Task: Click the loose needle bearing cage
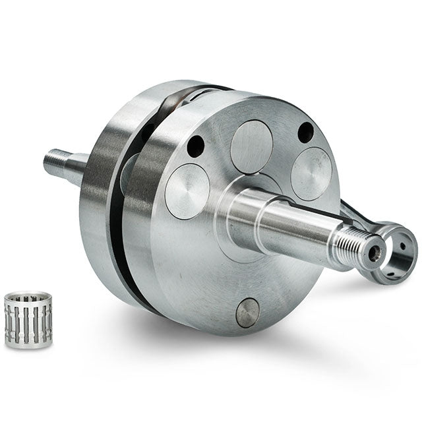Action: (28, 319)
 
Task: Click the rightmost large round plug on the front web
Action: (311, 173)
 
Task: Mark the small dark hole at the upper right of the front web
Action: (305, 133)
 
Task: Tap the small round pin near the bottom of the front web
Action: (248, 313)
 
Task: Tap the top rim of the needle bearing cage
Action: (28, 297)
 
